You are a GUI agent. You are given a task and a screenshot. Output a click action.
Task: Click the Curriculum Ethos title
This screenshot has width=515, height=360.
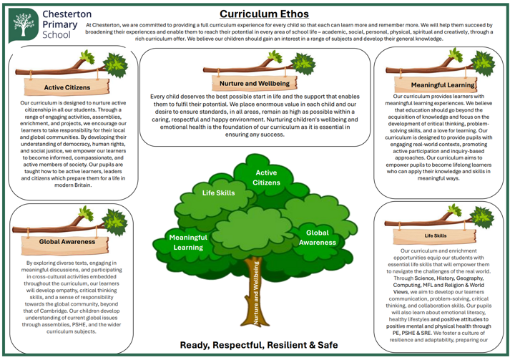pos(264,14)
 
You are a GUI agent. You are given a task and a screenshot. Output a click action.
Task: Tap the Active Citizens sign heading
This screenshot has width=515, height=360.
pos(67,87)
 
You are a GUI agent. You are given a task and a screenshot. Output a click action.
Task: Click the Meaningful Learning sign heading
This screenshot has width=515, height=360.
pos(443,85)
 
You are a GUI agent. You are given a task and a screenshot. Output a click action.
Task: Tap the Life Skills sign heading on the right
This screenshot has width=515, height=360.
pos(436,235)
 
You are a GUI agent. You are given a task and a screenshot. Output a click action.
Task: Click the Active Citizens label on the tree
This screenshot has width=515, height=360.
pos(266,177)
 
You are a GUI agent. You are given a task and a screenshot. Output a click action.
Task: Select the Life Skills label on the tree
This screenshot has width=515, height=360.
pos(218,193)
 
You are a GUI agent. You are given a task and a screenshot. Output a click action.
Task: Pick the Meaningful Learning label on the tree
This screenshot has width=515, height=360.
pos(188,242)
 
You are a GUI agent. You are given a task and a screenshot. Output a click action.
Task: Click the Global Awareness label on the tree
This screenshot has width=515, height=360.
pos(317,238)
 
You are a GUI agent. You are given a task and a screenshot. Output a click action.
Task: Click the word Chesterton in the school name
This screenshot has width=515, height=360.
pos(67,13)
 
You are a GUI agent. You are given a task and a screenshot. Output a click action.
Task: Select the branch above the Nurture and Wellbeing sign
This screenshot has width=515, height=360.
pos(236,69)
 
